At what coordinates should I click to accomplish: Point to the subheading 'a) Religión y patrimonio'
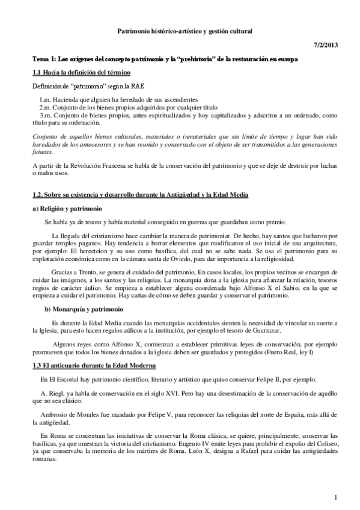[62, 208]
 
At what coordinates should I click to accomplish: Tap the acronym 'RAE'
[124, 87]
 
